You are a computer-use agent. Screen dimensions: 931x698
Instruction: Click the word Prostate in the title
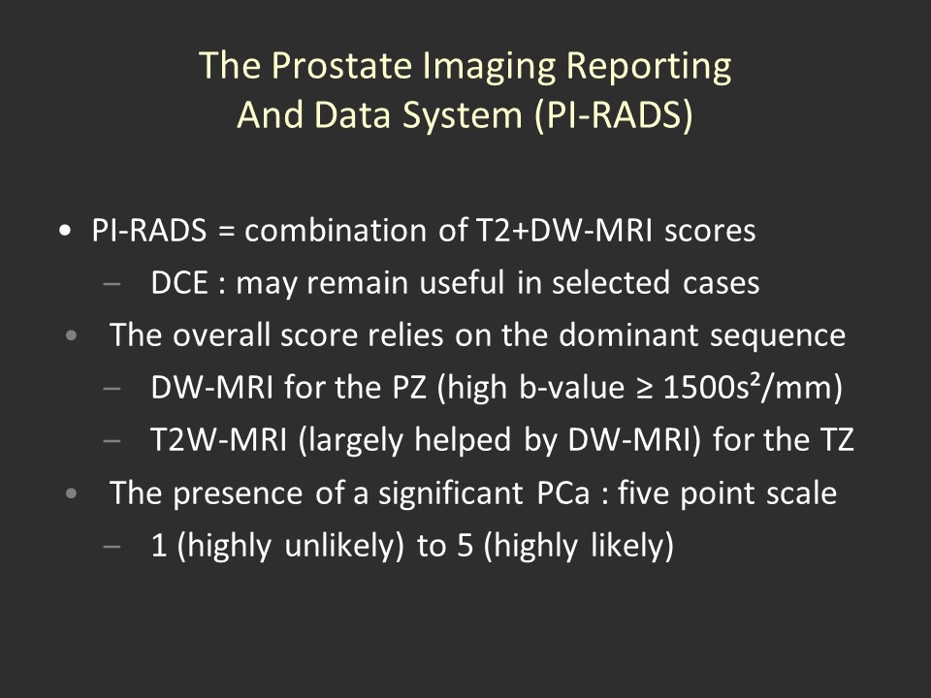click(x=341, y=65)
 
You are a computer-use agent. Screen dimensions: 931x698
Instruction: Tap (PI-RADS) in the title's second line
click(x=613, y=114)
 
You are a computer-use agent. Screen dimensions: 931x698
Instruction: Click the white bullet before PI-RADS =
click(x=65, y=231)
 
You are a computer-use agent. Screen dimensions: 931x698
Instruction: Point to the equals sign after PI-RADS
click(x=226, y=231)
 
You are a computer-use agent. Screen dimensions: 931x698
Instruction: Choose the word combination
click(x=336, y=230)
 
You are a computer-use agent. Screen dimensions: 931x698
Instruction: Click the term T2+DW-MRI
click(x=564, y=230)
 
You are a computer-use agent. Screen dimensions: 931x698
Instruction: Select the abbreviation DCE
click(x=179, y=282)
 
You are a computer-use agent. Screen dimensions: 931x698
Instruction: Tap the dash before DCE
click(x=112, y=284)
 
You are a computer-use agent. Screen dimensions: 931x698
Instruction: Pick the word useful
click(x=462, y=282)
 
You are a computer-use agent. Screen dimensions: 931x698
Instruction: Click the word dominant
click(x=628, y=334)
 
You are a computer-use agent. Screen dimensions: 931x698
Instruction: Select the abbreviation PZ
click(x=409, y=388)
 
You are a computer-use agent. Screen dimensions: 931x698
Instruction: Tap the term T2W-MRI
click(x=219, y=440)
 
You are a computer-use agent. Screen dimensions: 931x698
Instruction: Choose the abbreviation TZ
click(x=837, y=440)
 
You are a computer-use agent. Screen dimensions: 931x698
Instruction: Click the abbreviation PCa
click(x=563, y=492)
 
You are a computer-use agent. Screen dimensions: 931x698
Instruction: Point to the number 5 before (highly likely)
click(x=465, y=546)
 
